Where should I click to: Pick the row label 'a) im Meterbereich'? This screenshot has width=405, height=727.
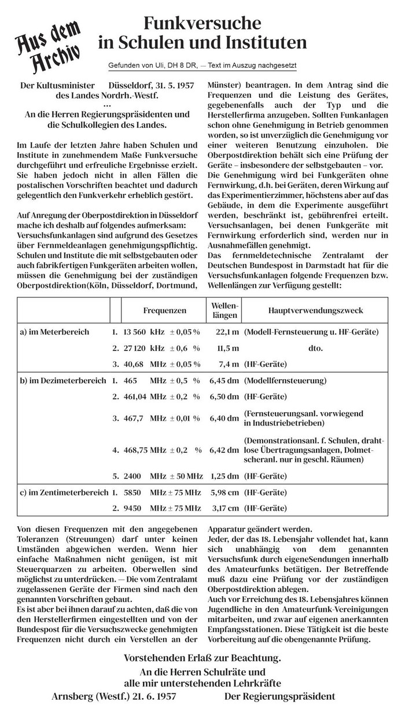tap(54, 332)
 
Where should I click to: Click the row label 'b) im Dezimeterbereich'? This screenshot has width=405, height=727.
tap(63, 381)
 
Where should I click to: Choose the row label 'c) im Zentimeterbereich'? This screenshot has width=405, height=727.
tap(64, 493)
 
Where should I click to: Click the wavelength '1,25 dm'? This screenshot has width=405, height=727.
tap(224, 476)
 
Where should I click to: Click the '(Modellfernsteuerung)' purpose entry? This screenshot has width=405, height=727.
tap(285, 381)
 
